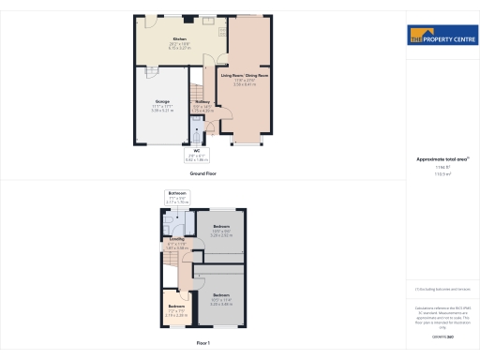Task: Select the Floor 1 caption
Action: (x=202, y=344)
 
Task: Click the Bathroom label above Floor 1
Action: (x=177, y=193)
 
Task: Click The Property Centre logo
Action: (x=439, y=37)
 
